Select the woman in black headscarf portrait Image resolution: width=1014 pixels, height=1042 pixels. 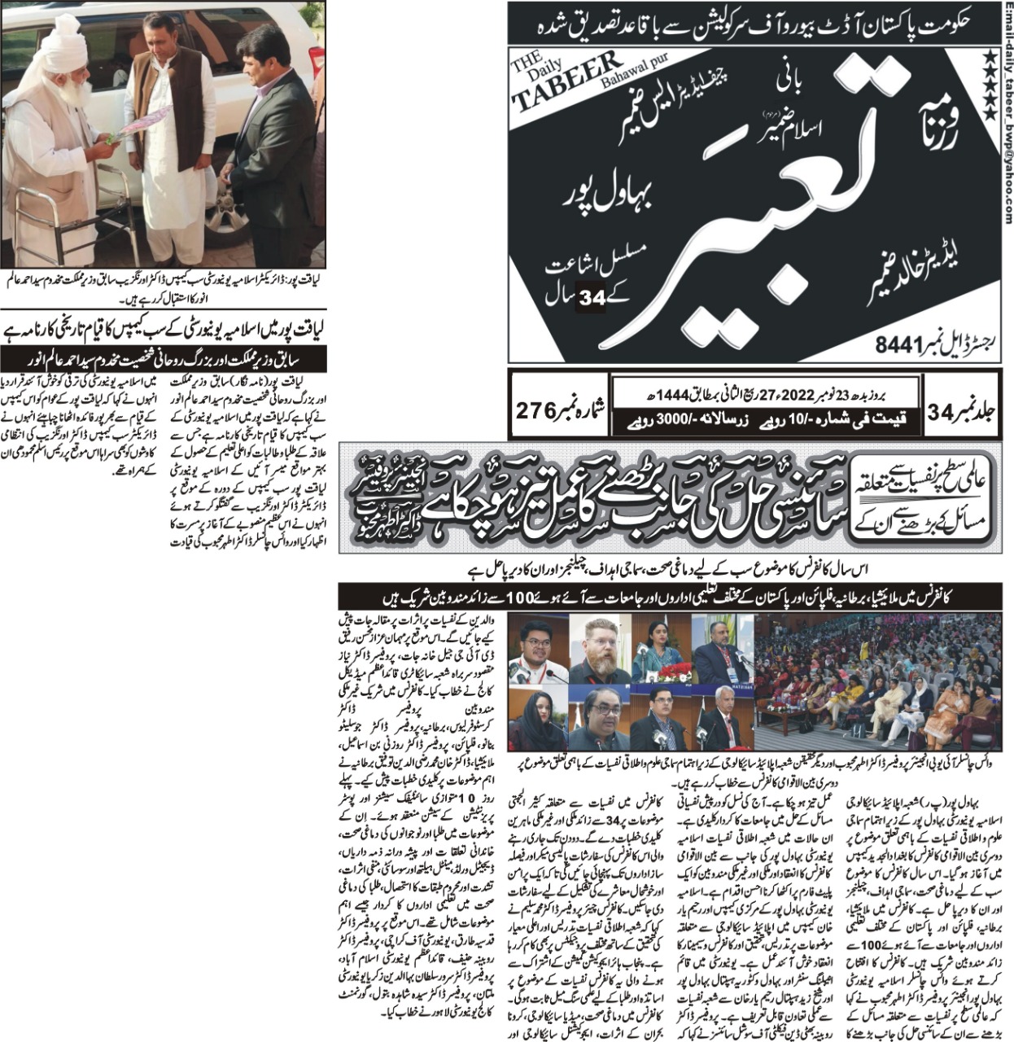click(x=537, y=720)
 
